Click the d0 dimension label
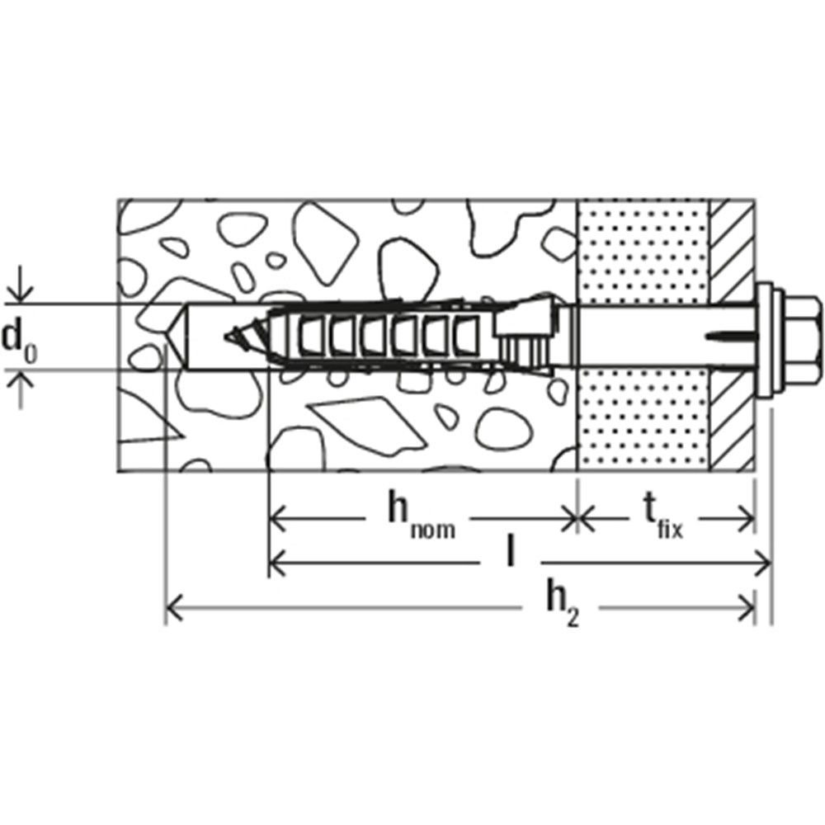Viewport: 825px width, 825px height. tap(19, 339)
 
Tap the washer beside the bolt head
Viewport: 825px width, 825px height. tap(766, 337)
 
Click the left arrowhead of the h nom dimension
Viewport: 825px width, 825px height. tap(278, 519)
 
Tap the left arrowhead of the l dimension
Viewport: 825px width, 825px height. tap(278, 563)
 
